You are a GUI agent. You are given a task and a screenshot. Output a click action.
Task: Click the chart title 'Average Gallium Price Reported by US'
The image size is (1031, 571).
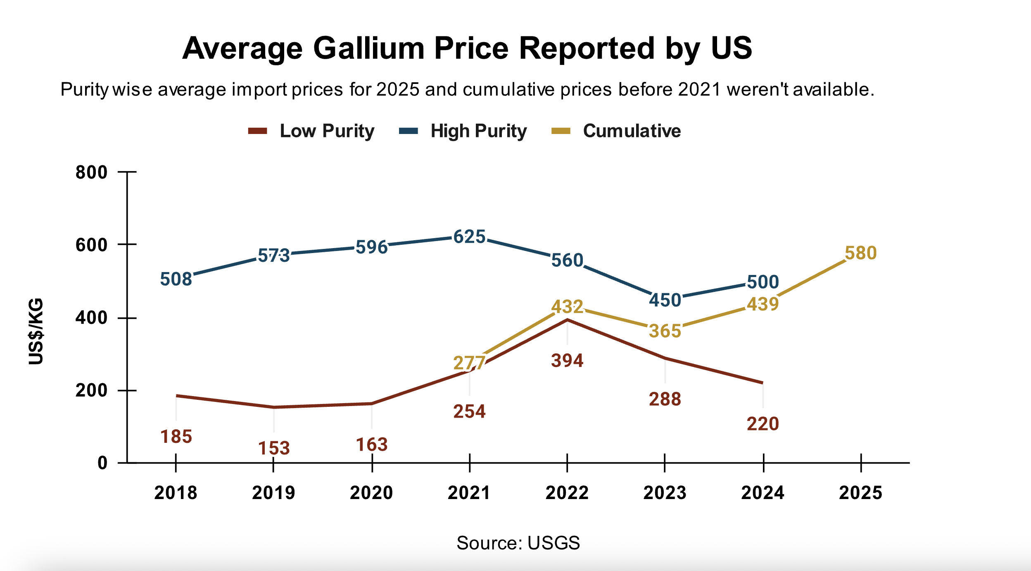(467, 49)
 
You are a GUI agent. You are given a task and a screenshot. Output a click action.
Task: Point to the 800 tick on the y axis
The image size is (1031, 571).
(91, 172)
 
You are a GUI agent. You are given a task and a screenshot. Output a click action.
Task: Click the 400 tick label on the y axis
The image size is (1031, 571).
(91, 318)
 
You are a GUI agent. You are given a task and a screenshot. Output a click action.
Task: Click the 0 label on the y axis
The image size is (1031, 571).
(102, 463)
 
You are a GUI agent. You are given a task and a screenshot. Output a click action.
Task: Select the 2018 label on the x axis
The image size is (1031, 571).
(176, 493)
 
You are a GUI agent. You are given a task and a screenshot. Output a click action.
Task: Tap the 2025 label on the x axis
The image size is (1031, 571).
(860, 493)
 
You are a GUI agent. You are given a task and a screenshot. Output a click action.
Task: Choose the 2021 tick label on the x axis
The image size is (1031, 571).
(469, 493)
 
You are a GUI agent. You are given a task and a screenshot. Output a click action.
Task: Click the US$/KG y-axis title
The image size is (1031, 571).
(36, 331)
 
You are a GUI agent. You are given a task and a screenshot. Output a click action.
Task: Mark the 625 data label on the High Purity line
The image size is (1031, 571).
(469, 237)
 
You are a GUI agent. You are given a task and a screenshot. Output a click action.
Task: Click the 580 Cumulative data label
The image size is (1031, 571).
(860, 253)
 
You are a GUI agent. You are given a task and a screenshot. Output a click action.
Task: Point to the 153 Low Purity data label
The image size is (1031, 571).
(274, 449)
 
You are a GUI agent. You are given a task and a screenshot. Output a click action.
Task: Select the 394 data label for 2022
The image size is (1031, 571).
(567, 361)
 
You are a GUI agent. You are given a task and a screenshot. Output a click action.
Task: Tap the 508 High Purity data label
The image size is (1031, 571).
(176, 280)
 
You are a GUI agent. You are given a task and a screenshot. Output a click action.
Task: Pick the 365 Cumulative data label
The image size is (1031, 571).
(665, 331)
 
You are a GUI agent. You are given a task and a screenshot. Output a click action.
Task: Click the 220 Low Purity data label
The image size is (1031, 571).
(763, 424)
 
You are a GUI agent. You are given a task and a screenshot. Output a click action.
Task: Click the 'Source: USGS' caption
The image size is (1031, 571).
(518, 543)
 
